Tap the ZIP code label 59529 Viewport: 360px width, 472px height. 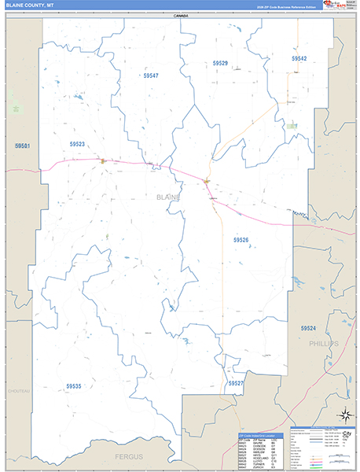(x=219, y=63)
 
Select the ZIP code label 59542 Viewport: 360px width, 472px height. (x=299, y=58)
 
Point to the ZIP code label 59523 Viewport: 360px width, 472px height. (x=76, y=144)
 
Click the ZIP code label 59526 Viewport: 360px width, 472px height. (x=241, y=239)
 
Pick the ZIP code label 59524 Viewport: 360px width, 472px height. (x=307, y=328)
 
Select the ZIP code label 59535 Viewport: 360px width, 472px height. (x=74, y=386)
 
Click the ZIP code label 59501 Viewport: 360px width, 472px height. (x=22, y=146)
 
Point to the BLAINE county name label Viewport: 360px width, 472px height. (x=168, y=197)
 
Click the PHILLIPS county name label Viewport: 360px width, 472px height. (x=323, y=344)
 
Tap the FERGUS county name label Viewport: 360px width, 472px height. (x=125, y=456)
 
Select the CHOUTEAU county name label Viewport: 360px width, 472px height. (x=19, y=391)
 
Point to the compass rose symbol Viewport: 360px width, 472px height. (x=344, y=415)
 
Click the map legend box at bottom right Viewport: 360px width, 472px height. (x=323, y=448)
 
